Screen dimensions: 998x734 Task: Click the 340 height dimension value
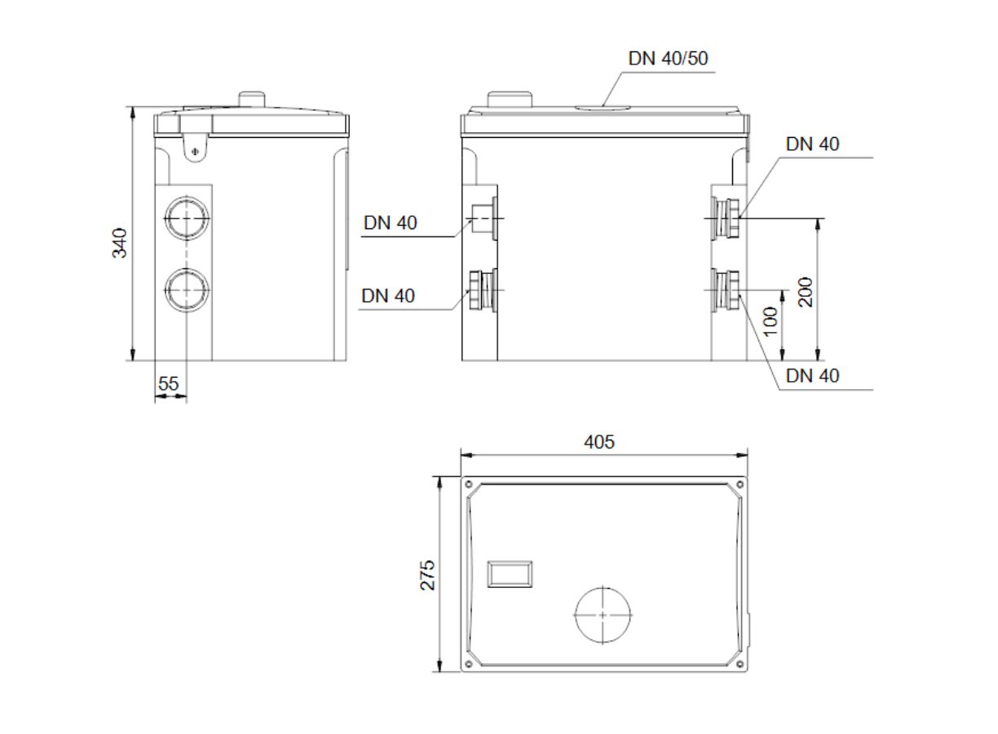click(119, 243)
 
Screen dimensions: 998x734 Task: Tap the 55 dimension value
click(169, 383)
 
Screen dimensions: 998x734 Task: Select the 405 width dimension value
click(599, 442)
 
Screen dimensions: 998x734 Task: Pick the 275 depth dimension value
click(427, 575)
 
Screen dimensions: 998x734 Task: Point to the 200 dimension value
click(806, 292)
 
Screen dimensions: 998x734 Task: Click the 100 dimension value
click(771, 321)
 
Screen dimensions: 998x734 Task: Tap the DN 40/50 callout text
click(668, 59)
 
